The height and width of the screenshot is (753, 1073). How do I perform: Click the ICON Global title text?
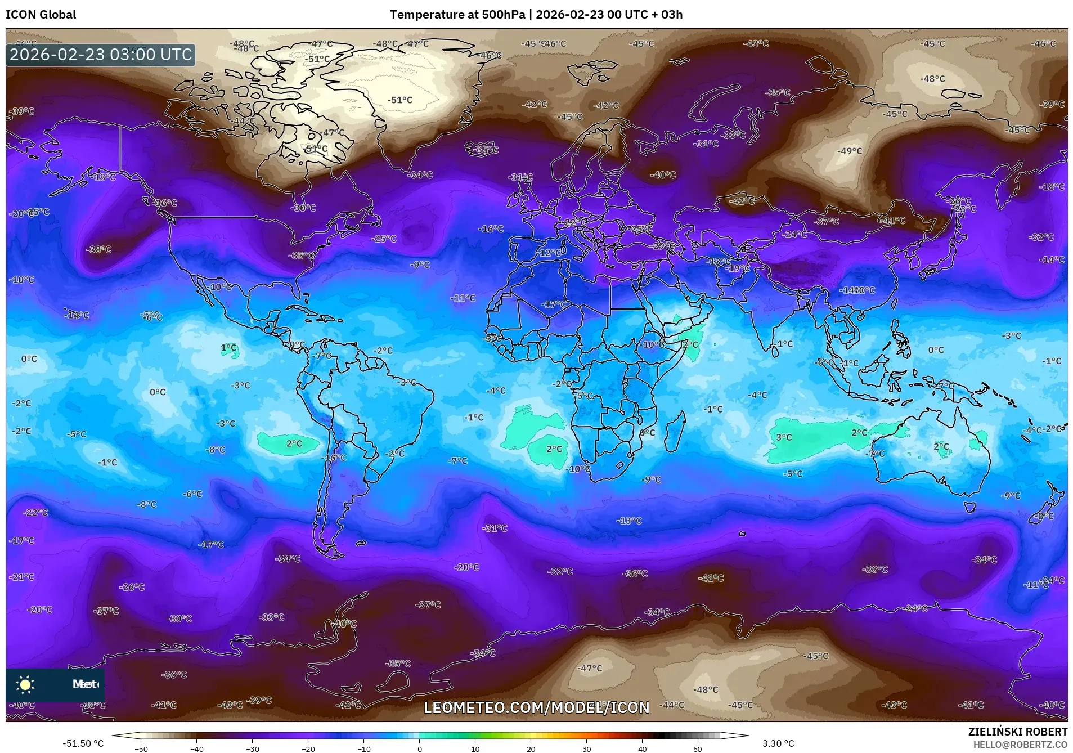click(41, 15)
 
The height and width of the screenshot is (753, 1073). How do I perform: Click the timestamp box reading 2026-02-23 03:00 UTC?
click(101, 55)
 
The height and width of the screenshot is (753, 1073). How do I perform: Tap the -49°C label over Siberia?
click(849, 151)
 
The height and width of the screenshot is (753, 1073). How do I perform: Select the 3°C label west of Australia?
click(783, 437)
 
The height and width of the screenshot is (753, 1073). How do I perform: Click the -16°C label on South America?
click(334, 458)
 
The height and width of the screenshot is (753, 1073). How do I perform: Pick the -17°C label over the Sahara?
click(554, 304)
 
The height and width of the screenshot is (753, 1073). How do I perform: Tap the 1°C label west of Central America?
click(228, 348)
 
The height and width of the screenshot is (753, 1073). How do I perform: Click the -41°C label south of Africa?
click(711, 578)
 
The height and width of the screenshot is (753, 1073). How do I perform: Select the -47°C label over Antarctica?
click(590, 668)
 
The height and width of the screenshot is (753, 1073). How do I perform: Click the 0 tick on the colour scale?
click(419, 748)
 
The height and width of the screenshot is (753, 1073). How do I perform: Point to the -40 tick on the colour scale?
click(196, 748)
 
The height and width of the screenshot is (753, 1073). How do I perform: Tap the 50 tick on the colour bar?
click(697, 748)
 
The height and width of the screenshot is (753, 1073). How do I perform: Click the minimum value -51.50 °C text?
click(83, 743)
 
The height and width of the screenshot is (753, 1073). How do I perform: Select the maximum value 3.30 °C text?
click(778, 743)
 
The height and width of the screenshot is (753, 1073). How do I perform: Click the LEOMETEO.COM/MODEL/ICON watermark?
click(536, 707)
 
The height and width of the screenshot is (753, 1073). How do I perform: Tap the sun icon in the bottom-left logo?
click(25, 684)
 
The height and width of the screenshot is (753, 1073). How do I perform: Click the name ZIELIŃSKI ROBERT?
click(1017, 732)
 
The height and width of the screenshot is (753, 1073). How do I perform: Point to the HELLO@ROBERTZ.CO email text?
click(1020, 744)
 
